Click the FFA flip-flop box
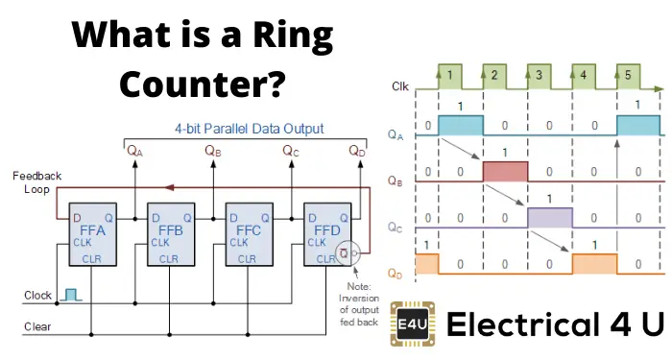point(90,236)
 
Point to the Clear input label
point(37,327)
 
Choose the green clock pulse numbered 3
point(541,74)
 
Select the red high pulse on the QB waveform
point(504,171)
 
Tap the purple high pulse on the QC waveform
point(550,217)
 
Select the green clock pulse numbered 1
point(451,74)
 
